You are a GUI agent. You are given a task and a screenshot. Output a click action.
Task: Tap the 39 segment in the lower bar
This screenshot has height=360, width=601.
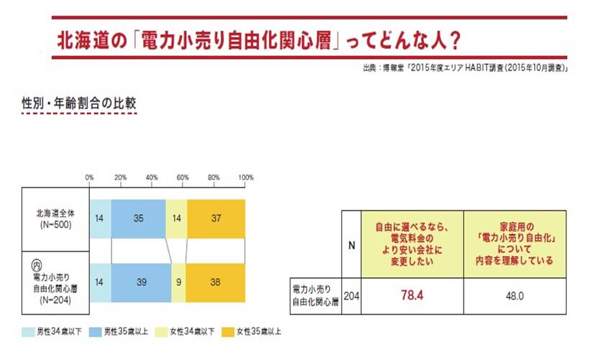tap(141, 283)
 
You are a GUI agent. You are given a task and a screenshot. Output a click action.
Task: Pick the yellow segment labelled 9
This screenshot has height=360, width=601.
tap(178, 283)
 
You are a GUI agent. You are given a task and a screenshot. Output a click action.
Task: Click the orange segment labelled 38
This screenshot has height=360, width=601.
tap(216, 283)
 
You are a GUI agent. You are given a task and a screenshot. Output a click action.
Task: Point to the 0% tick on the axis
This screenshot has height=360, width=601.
tap(90, 177)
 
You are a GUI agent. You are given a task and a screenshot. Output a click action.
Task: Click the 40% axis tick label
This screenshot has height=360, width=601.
tap(152, 177)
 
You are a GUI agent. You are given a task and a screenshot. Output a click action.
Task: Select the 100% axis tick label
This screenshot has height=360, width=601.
tap(244, 177)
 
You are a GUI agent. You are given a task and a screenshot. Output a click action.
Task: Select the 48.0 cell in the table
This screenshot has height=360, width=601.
tap(517, 295)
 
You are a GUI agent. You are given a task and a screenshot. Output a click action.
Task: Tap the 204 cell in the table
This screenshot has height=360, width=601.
tap(352, 295)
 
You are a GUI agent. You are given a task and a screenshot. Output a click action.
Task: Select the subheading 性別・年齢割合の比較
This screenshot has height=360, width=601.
tap(79, 104)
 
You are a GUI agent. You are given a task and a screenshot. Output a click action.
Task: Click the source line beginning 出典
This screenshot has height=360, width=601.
tap(467, 68)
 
